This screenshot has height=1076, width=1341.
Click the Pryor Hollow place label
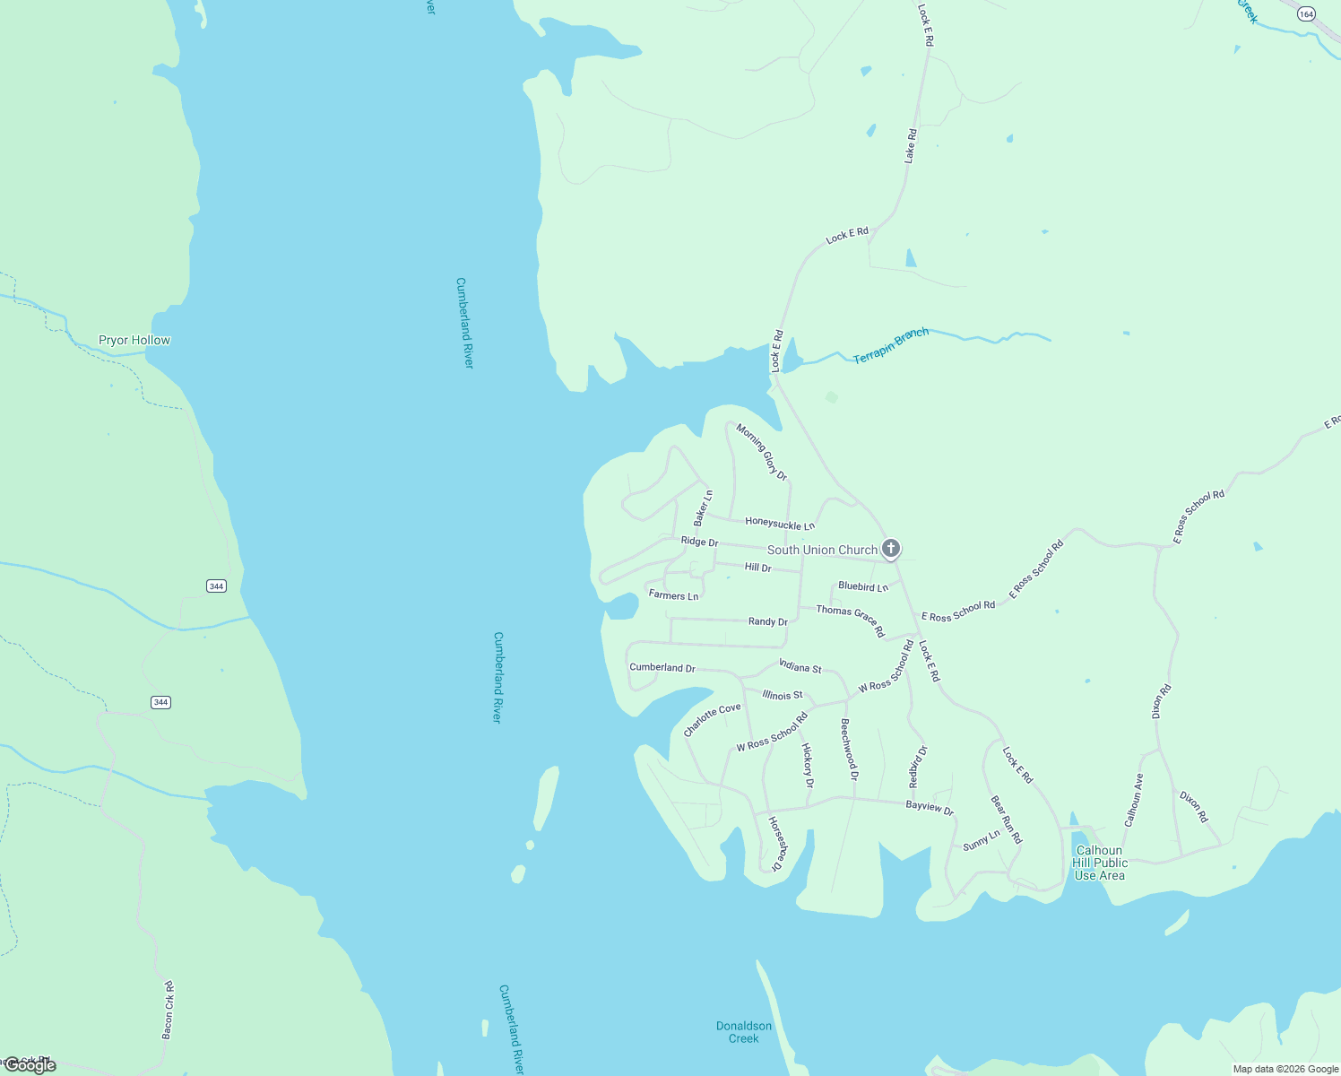[134, 341]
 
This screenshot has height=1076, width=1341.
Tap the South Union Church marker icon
[890, 548]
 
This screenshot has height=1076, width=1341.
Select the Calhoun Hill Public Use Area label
[1099, 863]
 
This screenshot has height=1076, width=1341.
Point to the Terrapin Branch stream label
[890, 346]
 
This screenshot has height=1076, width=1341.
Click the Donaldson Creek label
[744, 1032]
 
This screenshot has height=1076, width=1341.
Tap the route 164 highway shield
[1306, 13]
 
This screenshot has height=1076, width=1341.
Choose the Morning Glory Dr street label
[761, 452]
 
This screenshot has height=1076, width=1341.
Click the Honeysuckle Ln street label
[780, 524]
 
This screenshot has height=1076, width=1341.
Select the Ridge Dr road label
[699, 542]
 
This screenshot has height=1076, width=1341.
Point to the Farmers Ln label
[673, 595]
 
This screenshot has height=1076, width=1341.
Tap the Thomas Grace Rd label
[850, 620]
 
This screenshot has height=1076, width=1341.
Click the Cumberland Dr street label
[662, 668]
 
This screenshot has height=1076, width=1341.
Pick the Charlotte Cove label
[713, 720]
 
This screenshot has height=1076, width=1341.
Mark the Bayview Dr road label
[930, 807]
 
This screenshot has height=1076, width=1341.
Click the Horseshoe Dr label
[775, 844]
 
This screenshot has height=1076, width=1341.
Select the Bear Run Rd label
[1006, 820]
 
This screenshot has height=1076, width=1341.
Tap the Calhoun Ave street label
[1134, 800]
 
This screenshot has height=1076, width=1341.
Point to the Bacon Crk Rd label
[168, 1011]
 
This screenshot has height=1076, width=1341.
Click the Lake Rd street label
[910, 146]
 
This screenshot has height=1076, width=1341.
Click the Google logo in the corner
[30, 1065]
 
